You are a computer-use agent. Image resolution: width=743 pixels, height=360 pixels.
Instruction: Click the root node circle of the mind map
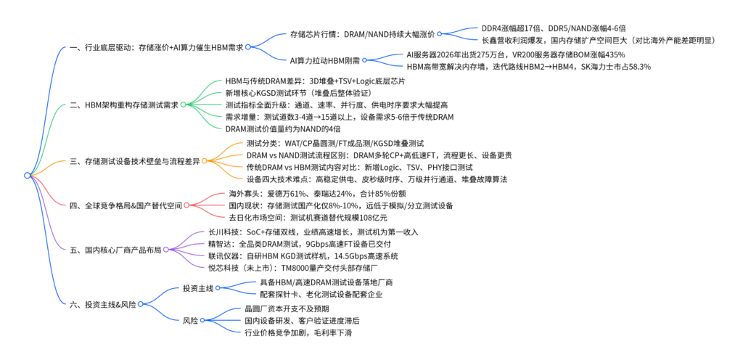(x=27, y=175)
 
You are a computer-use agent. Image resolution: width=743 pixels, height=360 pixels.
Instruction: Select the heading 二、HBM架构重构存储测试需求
(x=124, y=105)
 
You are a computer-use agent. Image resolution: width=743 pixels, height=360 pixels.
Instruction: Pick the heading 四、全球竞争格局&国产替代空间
(x=126, y=205)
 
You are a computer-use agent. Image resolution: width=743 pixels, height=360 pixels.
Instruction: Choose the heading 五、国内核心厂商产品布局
(x=115, y=250)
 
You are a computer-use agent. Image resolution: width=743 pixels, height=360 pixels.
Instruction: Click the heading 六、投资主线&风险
(x=103, y=305)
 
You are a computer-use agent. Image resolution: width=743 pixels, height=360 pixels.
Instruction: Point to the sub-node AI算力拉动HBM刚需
(x=325, y=60)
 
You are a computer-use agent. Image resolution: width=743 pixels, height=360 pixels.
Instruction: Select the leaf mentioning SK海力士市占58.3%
(x=528, y=67)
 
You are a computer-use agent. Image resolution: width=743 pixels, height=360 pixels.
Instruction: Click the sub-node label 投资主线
(x=198, y=288)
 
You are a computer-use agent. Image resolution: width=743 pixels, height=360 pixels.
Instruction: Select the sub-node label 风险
(x=191, y=321)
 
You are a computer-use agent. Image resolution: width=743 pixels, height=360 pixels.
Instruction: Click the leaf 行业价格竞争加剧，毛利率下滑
(x=297, y=332)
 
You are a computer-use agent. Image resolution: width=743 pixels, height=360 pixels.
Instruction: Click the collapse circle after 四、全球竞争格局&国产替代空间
(x=186, y=205)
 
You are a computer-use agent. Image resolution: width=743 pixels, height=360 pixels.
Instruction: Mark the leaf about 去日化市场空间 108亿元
(x=308, y=218)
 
